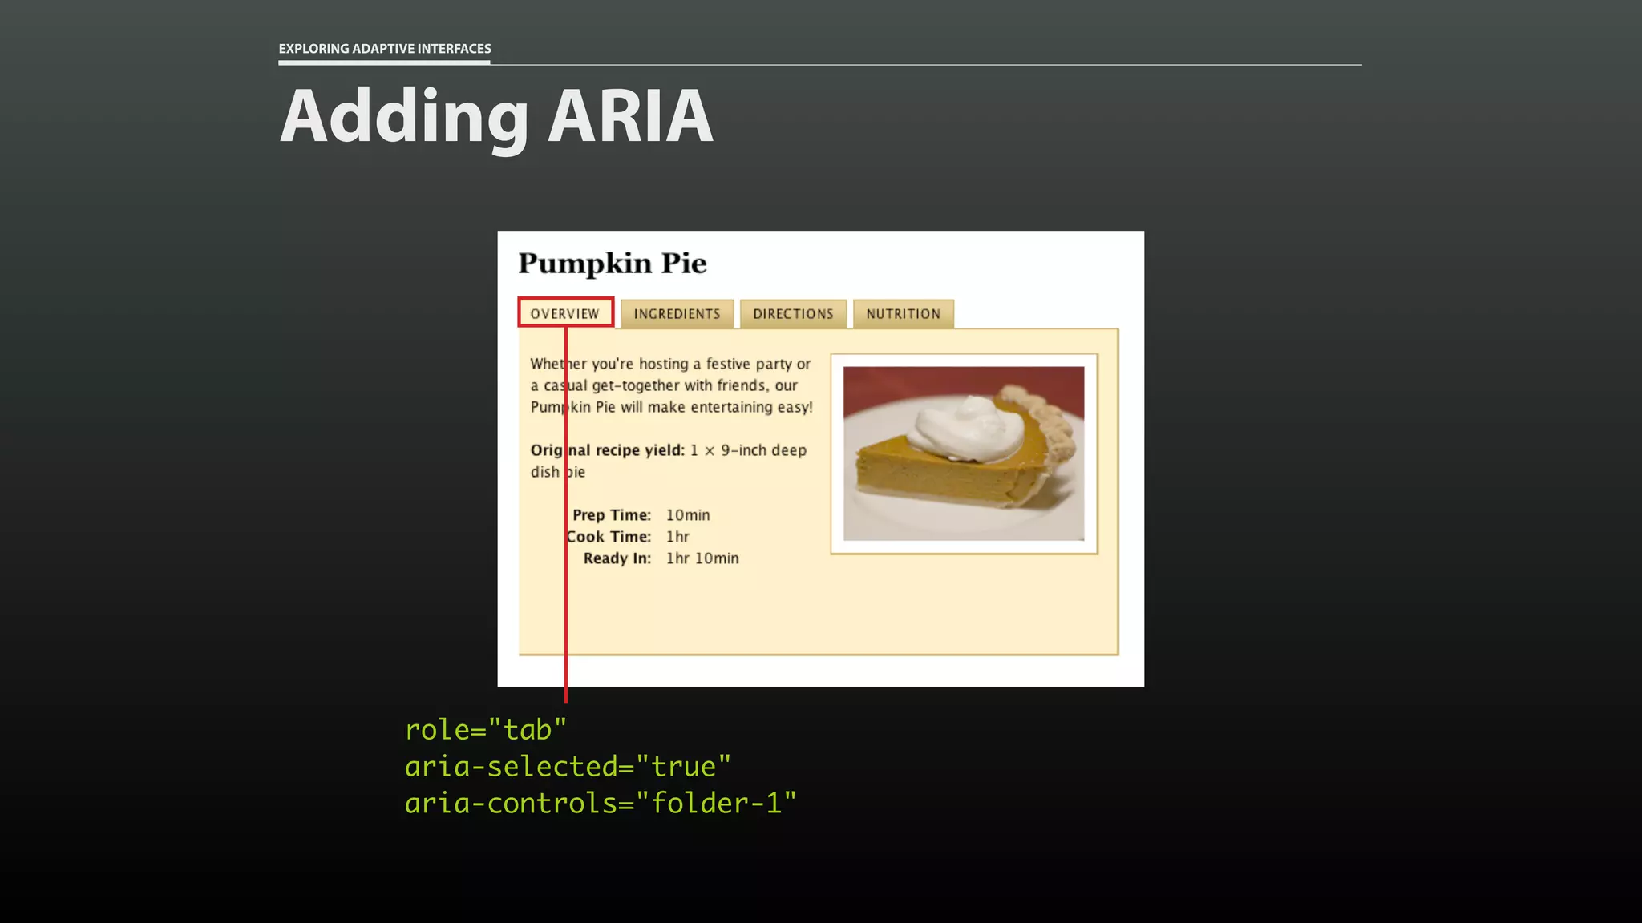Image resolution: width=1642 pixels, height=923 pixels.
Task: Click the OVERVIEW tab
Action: [565, 313]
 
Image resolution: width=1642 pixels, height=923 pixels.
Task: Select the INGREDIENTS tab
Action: [677, 314]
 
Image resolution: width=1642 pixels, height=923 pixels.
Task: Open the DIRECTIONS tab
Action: [793, 314]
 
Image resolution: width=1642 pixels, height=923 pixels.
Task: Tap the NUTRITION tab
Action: [903, 314]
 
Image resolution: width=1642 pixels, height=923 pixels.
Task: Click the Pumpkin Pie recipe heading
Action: [613, 264]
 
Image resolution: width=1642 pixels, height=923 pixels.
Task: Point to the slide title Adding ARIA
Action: [496, 117]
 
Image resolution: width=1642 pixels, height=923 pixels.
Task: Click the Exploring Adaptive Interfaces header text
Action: [385, 49]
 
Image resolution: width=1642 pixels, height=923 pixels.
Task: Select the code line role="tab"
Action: [486, 730]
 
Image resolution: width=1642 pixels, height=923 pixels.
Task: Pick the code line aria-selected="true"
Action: [568, 767]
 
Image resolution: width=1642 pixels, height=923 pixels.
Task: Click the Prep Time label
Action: [612, 515]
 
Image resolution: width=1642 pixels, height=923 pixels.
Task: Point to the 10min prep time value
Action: [688, 515]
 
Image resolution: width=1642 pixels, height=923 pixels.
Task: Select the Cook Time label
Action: [609, 537]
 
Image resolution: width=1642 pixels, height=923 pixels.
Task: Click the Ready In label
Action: [617, 558]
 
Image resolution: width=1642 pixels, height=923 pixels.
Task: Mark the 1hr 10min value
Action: [702, 558]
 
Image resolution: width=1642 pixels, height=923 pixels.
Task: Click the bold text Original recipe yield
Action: [608, 450]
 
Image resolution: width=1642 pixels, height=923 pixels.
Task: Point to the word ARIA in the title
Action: [630, 117]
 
